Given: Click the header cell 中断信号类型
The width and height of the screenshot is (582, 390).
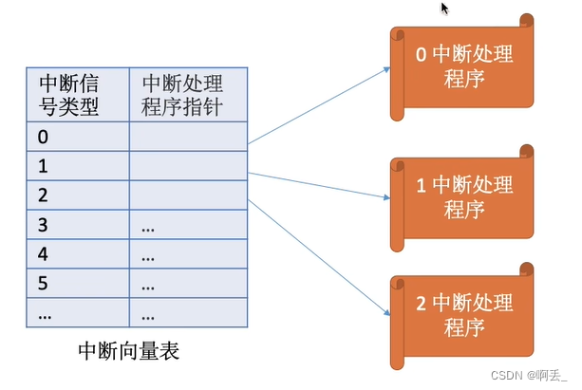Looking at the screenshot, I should (77, 93).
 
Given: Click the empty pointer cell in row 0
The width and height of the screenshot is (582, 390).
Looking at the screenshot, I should (188, 137).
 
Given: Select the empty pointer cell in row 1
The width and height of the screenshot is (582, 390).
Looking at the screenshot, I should (188, 166).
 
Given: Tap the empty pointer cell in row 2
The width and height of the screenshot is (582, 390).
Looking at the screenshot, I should (188, 195).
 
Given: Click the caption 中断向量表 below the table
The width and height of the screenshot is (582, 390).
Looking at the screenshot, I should (128, 352).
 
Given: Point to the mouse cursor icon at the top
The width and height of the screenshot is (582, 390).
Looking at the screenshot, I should (444, 9).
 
